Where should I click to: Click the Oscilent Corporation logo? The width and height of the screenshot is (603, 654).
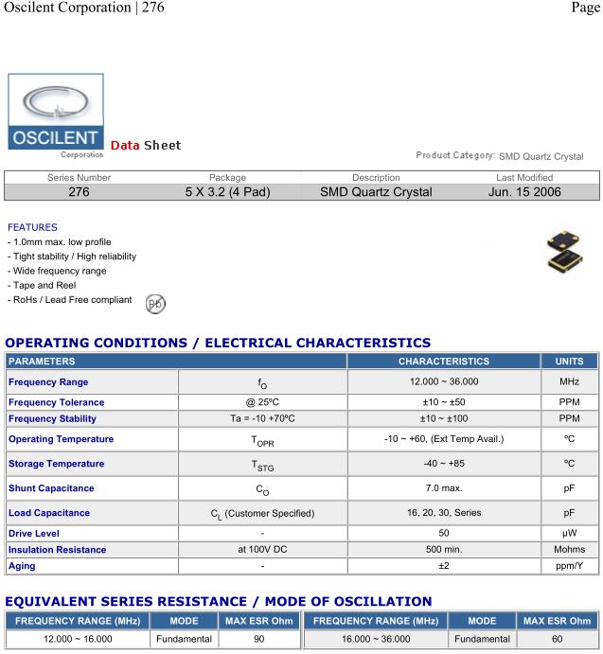pyautogui.click(x=56, y=115)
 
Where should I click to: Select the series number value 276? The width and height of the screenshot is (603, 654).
pyautogui.click(x=80, y=192)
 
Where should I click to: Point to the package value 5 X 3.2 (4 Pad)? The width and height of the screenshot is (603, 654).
pyautogui.click(x=227, y=192)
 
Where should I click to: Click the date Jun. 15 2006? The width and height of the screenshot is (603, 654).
pyautogui.click(x=524, y=192)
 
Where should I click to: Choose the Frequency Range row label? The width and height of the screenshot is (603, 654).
pyautogui.click(x=48, y=382)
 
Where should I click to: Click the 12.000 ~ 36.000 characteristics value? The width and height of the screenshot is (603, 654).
pyautogui.click(x=443, y=382)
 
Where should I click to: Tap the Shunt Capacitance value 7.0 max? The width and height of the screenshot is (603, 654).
pyautogui.click(x=443, y=488)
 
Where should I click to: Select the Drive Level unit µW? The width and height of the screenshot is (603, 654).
pyautogui.click(x=570, y=533)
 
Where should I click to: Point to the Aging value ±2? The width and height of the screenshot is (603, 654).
pyautogui.click(x=443, y=565)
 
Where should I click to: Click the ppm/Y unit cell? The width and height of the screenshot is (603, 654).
pyautogui.click(x=570, y=565)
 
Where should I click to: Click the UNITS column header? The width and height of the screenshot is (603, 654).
pyautogui.click(x=570, y=361)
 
